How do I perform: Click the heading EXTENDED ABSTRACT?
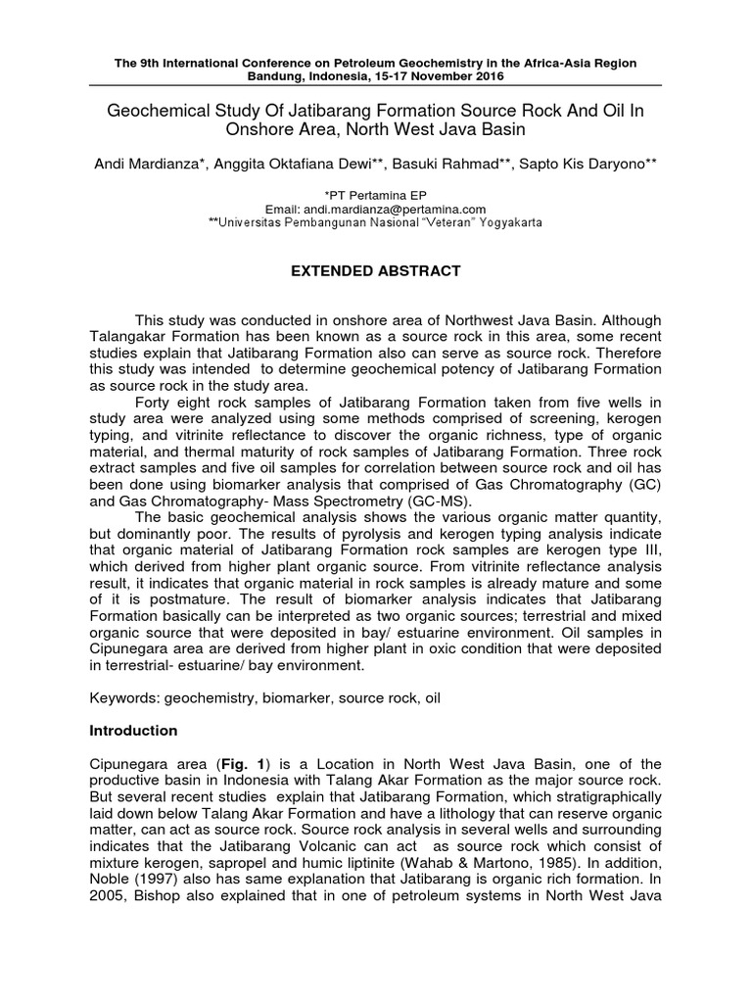pos(376,271)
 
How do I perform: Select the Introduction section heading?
pos(133,731)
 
